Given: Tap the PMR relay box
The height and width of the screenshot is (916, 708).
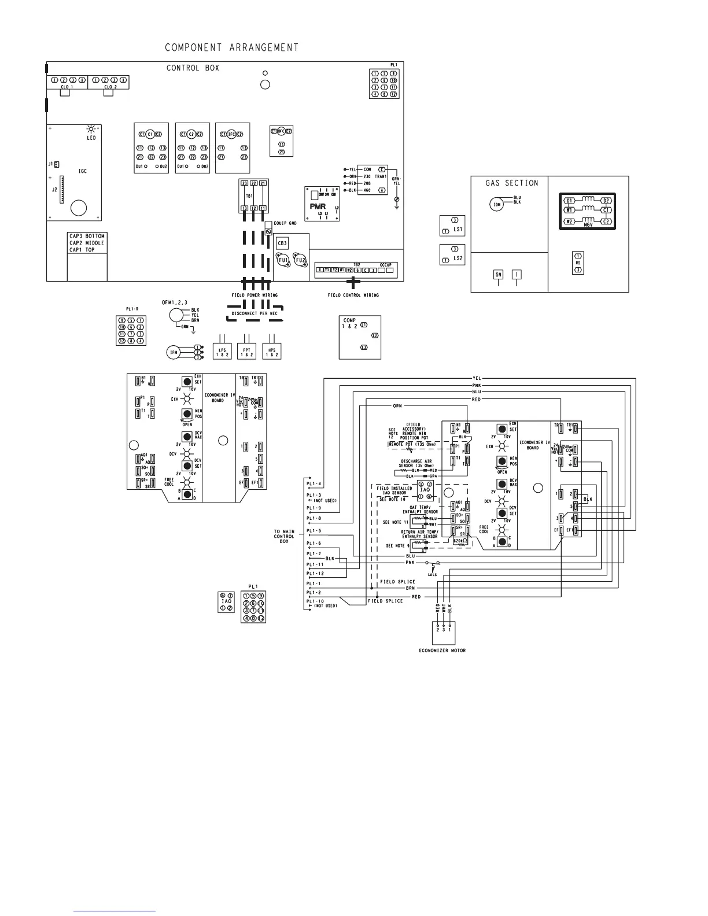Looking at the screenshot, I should [322, 204].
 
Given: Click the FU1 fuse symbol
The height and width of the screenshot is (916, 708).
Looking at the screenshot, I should [283, 260].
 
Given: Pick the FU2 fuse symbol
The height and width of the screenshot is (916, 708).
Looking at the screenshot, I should [300, 260].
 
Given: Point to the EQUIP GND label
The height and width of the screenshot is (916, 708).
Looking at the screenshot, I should [285, 223].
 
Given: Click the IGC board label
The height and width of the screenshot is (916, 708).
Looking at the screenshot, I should [83, 171].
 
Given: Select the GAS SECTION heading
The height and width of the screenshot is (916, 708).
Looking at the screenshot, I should [511, 183].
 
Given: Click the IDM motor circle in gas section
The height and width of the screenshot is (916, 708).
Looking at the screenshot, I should [496, 204].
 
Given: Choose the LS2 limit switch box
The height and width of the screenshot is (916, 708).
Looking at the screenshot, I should [452, 254].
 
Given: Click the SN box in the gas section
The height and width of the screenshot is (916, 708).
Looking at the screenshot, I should [498, 275].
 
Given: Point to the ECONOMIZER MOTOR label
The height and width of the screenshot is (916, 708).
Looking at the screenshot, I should [443, 651].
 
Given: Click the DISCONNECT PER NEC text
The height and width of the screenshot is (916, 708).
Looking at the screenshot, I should [255, 313].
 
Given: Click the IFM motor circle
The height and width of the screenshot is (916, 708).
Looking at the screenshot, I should [172, 352].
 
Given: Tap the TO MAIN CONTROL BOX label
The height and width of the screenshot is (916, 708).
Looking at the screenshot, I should [284, 536].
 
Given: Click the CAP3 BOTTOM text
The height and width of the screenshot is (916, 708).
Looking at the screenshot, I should [87, 237].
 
